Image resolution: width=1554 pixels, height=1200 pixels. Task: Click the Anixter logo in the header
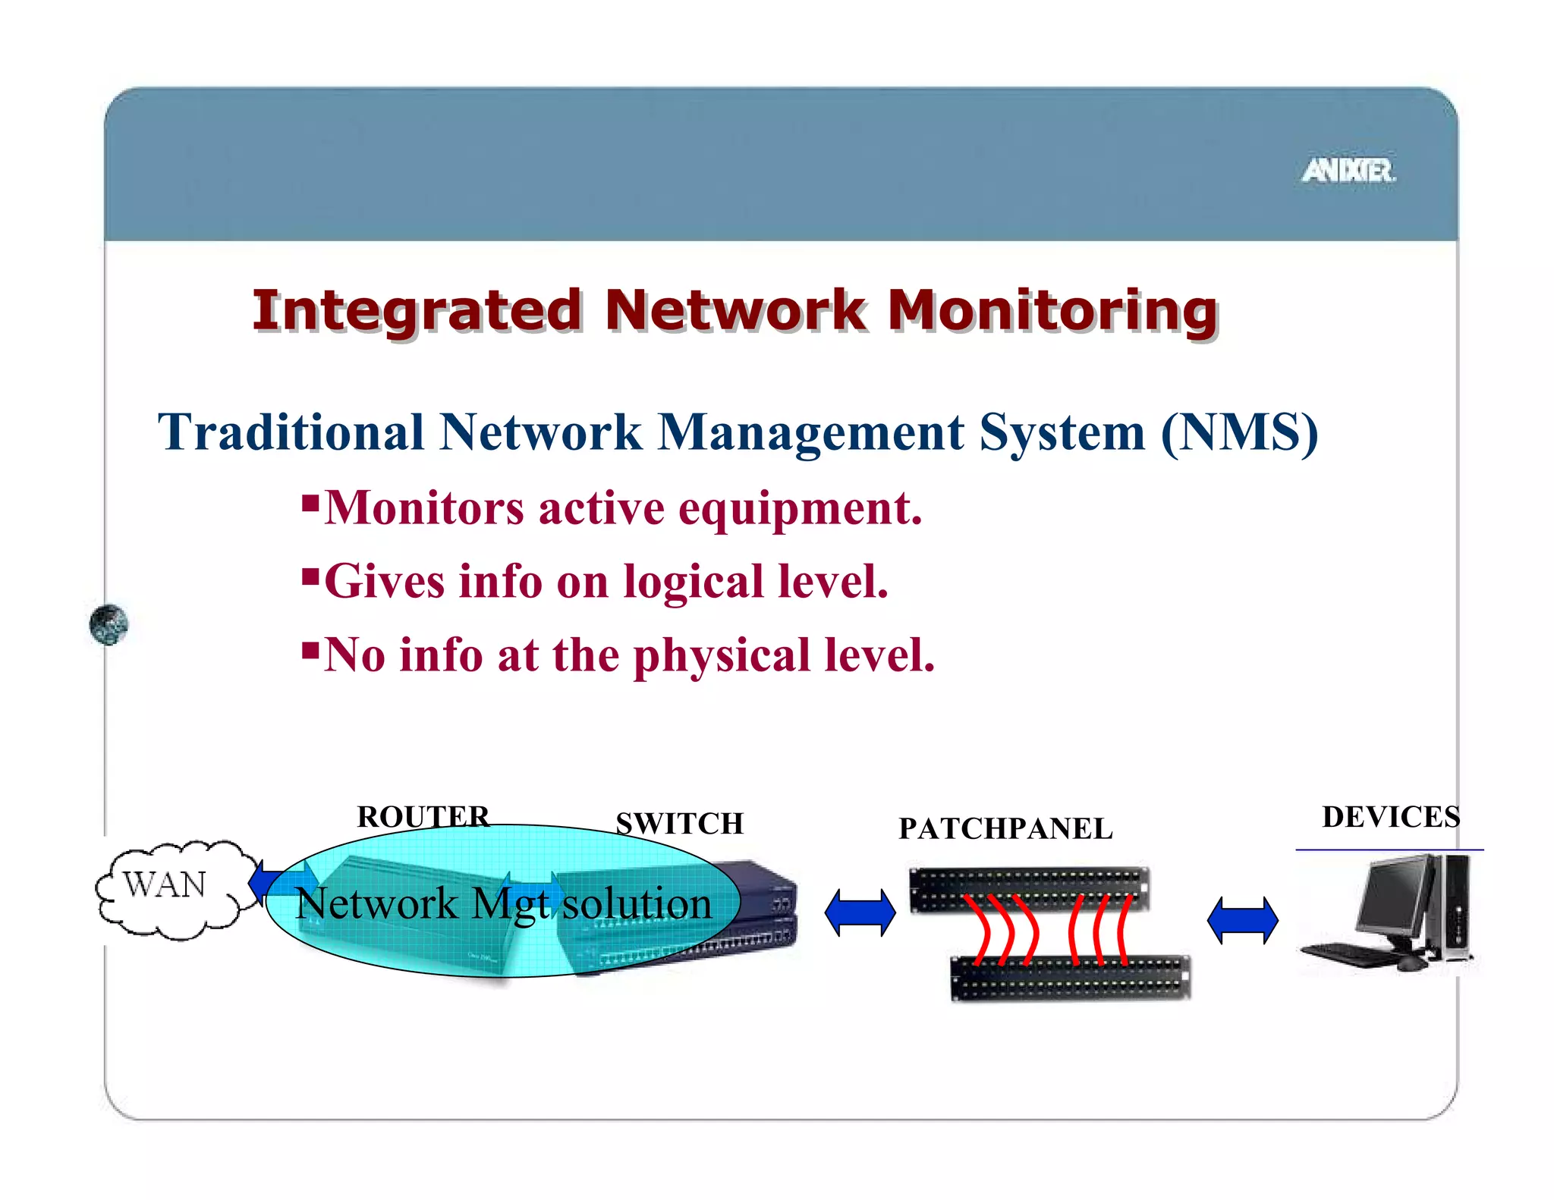(1348, 171)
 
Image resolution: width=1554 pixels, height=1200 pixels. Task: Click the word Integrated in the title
(417, 310)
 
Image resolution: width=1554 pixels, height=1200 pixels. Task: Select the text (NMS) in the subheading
(1239, 432)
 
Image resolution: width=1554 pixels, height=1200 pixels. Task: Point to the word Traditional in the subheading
(291, 432)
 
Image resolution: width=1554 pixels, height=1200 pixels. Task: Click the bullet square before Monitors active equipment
(310, 503)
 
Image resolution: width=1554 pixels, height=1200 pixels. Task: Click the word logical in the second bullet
(693, 582)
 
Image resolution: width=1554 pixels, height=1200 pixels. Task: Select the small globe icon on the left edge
(109, 625)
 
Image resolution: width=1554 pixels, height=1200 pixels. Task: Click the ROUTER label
(423, 817)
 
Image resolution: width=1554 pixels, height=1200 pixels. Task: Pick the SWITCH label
(679, 824)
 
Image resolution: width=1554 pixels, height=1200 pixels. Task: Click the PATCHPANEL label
(1005, 829)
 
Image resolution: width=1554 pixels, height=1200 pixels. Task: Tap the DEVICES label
(1390, 817)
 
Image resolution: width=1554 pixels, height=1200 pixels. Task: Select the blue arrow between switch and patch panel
(860, 913)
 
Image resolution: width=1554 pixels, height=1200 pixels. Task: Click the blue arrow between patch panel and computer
(1242, 920)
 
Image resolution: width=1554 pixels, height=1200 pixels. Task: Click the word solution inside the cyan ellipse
(637, 904)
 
